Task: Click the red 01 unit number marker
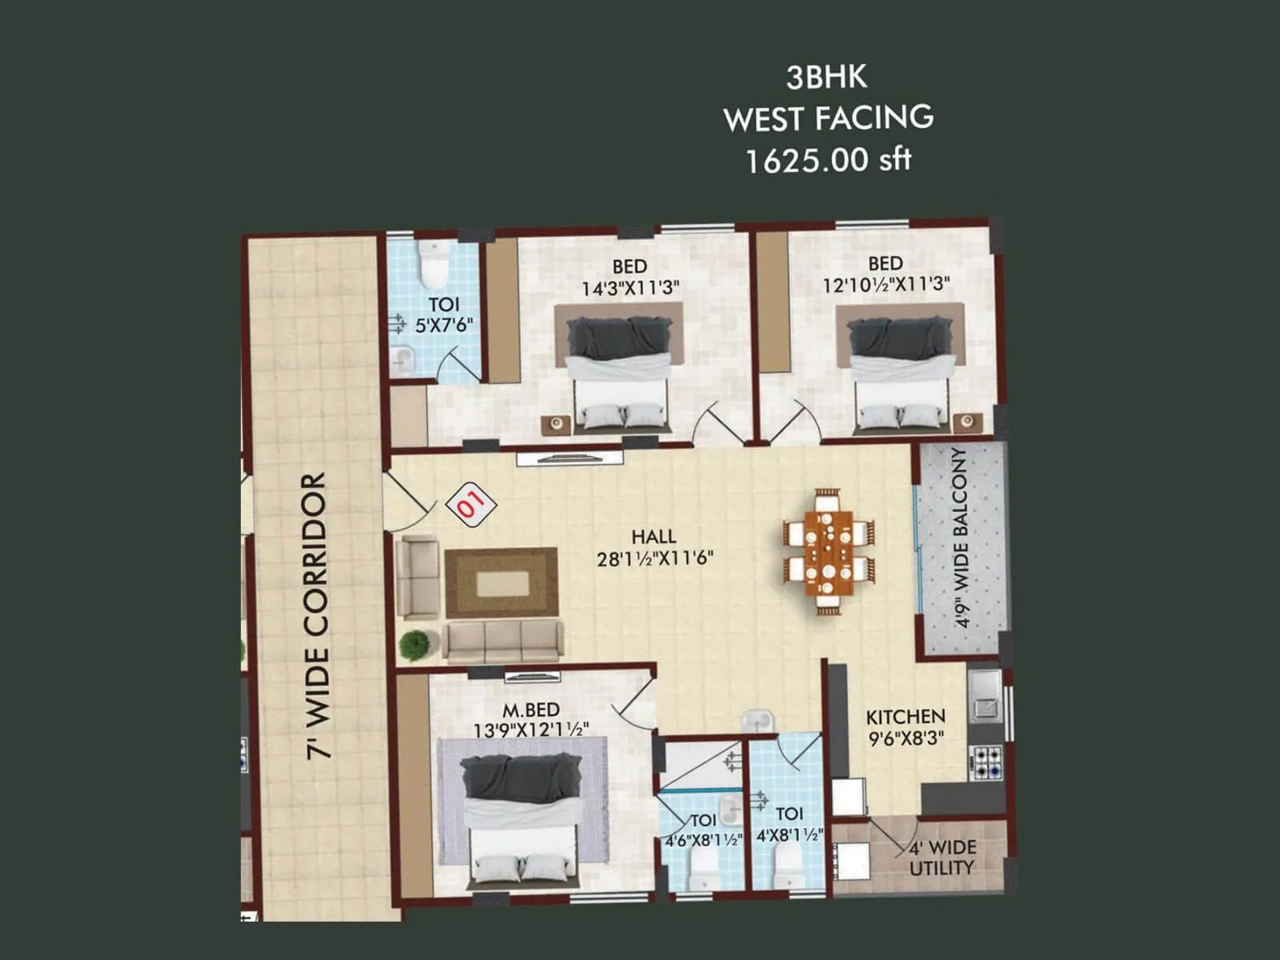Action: [x=471, y=504]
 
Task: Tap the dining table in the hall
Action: [x=828, y=552]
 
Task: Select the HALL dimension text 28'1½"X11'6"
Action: [x=654, y=558]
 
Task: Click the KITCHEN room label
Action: [x=905, y=716]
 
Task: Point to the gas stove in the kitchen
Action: [x=986, y=762]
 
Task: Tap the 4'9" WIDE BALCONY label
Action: [x=961, y=538]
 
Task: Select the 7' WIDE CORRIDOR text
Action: [x=317, y=614]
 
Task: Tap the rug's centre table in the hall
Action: [x=502, y=582]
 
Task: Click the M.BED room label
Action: [x=530, y=710]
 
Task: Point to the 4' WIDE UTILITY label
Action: [x=942, y=858]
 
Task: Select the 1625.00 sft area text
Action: [x=828, y=160]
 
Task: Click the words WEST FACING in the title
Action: [x=828, y=118]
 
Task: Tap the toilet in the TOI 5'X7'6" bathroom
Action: [x=434, y=264]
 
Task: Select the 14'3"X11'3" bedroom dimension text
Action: [x=630, y=289]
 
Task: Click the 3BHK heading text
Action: [x=826, y=78]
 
